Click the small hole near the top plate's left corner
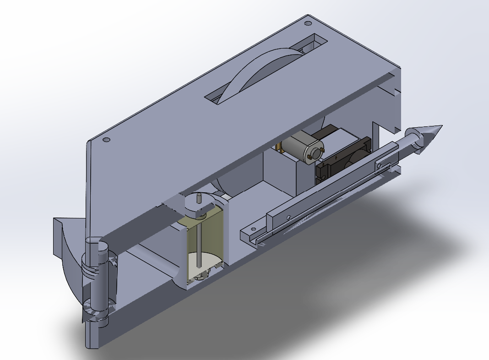coord(106,139)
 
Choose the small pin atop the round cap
coord(199,198)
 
